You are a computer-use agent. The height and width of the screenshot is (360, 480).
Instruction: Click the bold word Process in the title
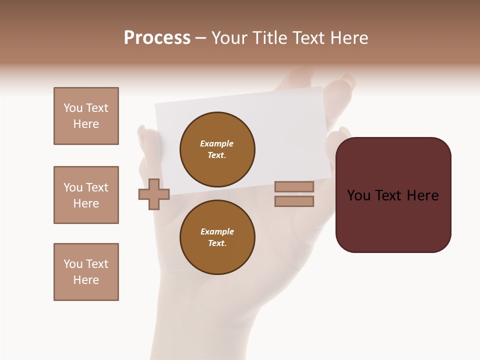click(x=157, y=38)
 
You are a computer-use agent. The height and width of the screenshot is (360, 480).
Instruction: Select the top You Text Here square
click(x=86, y=116)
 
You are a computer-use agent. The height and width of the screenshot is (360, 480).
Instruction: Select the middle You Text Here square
click(x=86, y=195)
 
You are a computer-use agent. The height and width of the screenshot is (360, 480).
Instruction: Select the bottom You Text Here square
click(x=86, y=272)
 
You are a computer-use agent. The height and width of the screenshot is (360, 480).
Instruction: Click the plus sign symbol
click(x=154, y=194)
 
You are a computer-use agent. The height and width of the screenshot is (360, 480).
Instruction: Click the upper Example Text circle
click(x=217, y=149)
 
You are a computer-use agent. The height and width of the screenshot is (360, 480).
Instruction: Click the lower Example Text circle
click(x=217, y=237)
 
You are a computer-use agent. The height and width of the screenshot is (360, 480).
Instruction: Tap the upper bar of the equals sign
click(x=294, y=186)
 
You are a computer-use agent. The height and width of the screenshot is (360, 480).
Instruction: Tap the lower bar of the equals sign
click(x=294, y=201)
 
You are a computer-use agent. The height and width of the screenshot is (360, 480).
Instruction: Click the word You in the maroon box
click(x=358, y=195)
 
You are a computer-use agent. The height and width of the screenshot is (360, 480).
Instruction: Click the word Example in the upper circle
click(x=217, y=143)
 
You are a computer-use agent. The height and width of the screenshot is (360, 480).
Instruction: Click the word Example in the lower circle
click(x=217, y=231)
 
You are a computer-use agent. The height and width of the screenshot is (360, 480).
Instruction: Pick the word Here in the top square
click(x=86, y=124)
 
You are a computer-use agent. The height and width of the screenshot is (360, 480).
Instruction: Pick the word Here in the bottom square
click(x=86, y=280)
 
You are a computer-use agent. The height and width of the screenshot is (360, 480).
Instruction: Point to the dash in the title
click(x=200, y=38)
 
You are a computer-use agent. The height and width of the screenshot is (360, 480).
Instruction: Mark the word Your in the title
click(x=230, y=38)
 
